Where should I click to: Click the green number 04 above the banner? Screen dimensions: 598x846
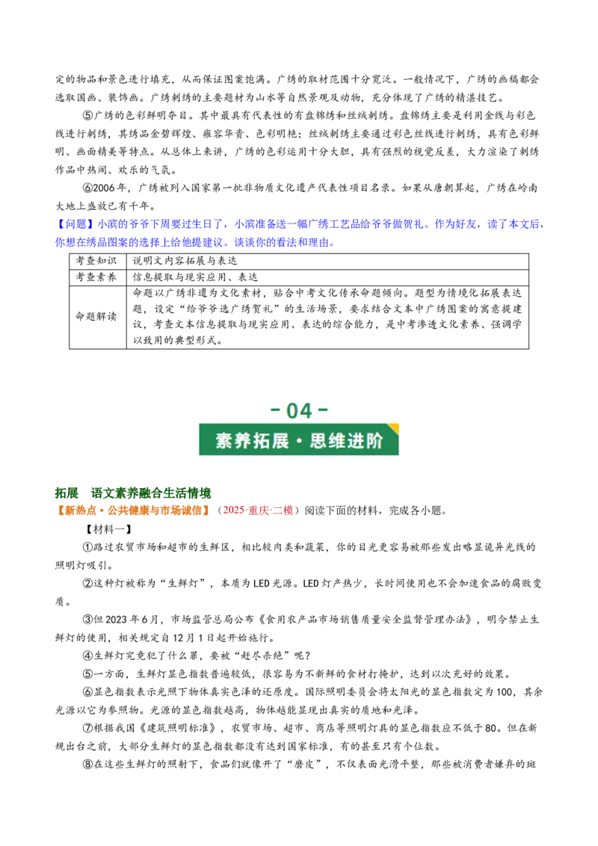(299, 410)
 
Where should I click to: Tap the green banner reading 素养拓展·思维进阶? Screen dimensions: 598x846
(299, 439)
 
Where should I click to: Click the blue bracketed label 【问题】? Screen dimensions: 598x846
(75, 224)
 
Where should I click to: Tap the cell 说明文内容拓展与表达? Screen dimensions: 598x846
(185, 261)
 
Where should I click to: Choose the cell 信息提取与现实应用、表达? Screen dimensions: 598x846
(195, 277)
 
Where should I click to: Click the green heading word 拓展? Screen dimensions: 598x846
(67, 493)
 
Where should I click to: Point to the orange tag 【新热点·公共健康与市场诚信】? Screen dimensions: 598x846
(133, 510)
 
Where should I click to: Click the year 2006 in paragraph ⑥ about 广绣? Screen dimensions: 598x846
(104, 188)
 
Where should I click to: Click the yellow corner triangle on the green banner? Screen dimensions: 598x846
(393, 427)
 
